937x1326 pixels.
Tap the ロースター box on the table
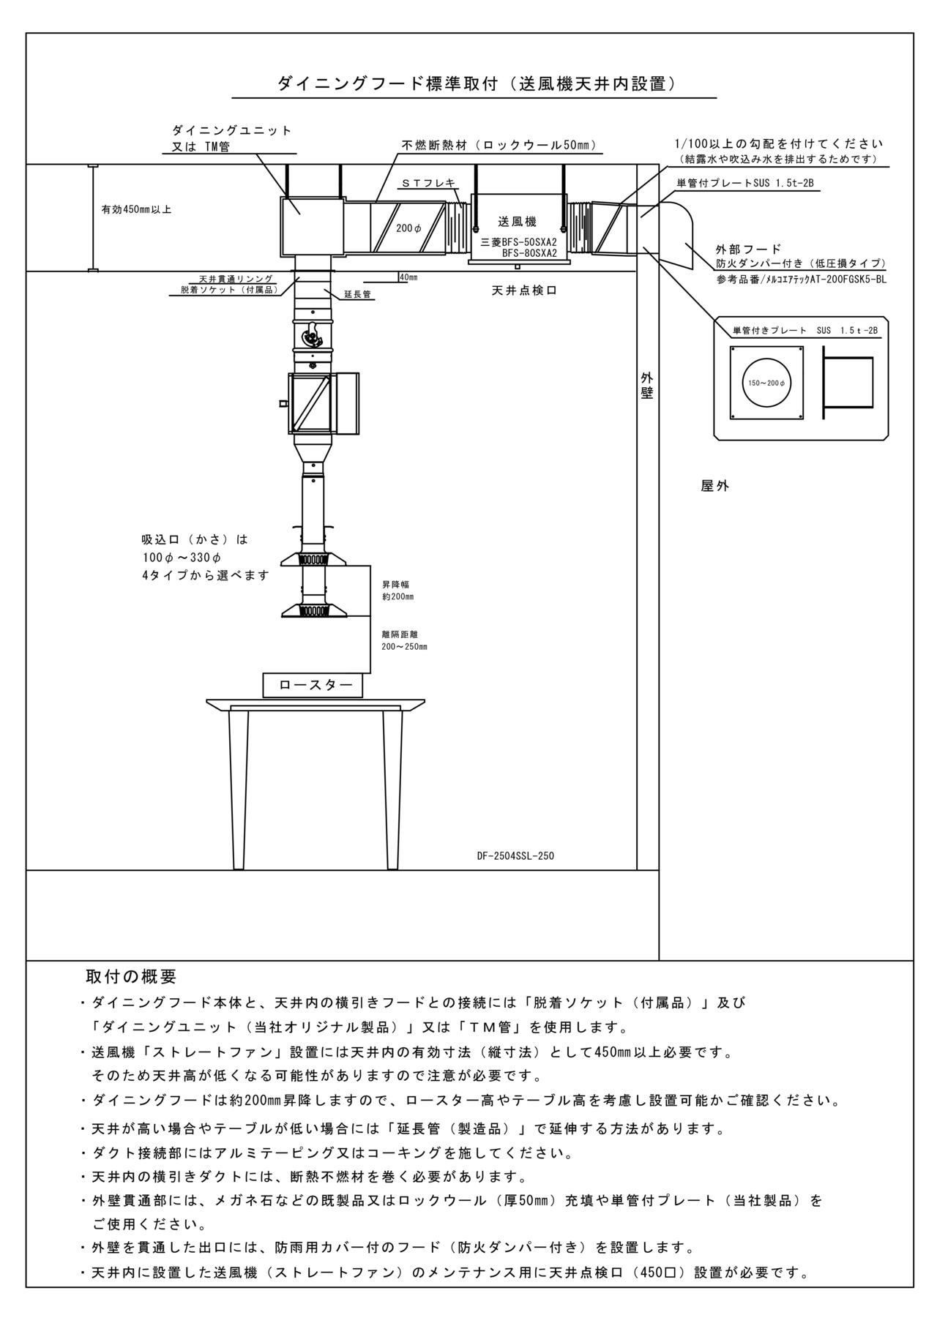313,685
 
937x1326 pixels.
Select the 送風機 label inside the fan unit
518,222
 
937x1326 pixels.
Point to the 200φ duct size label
408,228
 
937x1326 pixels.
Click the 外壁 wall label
647,385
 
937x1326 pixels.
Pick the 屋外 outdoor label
715,486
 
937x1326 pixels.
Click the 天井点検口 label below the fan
524,291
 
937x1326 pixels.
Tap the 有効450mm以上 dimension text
136,209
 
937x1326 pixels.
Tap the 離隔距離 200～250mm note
404,640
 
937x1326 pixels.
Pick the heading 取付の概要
131,977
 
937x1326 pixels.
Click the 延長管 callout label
357,294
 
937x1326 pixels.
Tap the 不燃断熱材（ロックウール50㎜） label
499,145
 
